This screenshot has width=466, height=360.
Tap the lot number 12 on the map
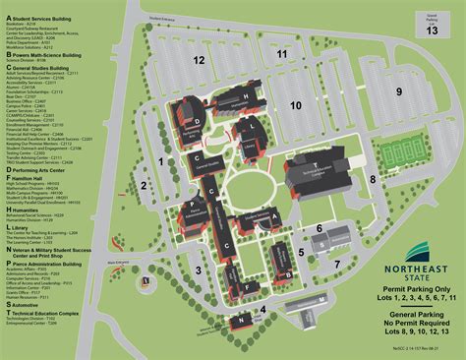coord(200,60)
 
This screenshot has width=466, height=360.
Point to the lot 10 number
coord(295,103)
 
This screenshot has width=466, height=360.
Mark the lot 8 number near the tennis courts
coord(372,178)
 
